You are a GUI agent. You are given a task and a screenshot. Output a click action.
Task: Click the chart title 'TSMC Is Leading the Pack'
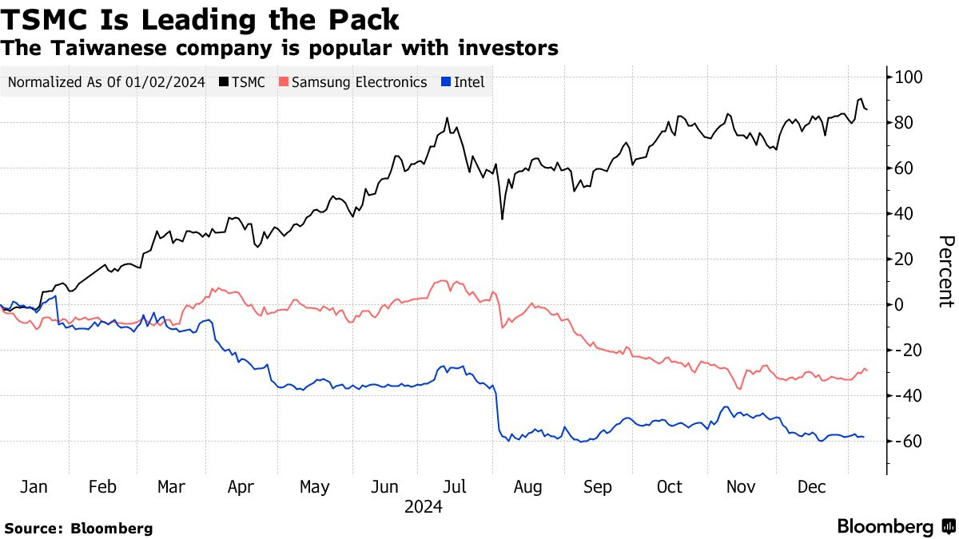tap(201, 18)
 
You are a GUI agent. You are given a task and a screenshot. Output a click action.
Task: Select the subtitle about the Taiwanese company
tap(280, 48)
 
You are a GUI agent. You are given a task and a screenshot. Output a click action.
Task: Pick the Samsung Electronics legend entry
tap(352, 82)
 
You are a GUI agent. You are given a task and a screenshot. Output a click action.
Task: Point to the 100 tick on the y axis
tap(909, 77)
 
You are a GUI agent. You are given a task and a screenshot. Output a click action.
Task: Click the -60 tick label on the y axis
tap(909, 442)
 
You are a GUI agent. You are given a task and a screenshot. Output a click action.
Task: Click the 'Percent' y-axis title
tap(945, 271)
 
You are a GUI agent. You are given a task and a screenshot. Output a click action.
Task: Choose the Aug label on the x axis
tap(528, 487)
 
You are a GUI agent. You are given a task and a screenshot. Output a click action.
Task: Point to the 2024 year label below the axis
tap(424, 507)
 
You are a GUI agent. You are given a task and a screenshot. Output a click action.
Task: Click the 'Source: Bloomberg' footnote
tap(78, 529)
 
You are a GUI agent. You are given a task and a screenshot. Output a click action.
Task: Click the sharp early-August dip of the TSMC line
tap(502, 219)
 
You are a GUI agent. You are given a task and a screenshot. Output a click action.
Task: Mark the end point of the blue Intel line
tap(864, 437)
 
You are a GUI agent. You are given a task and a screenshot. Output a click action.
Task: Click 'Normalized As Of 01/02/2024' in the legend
tap(106, 82)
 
